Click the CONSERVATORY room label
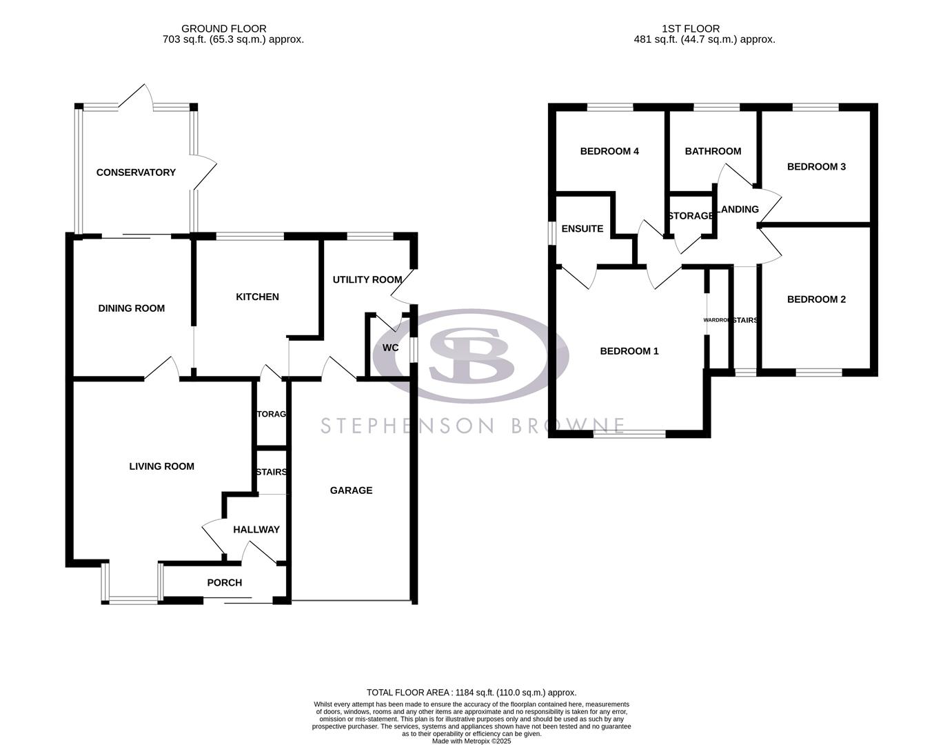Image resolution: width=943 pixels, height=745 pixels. (x=136, y=172)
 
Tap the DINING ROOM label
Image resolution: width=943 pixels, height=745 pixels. (x=131, y=308)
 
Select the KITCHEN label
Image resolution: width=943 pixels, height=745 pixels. (x=257, y=297)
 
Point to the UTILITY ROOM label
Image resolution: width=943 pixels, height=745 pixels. (x=367, y=279)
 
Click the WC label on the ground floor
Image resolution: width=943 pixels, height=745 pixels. (x=390, y=348)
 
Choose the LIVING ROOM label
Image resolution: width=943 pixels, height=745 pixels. (x=161, y=466)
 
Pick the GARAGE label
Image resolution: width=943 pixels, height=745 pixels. (x=351, y=490)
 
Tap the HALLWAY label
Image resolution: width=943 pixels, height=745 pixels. (x=256, y=530)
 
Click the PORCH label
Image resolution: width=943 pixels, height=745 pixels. (x=224, y=583)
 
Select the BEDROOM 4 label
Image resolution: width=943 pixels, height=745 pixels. (x=609, y=151)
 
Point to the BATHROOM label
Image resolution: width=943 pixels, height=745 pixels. (x=713, y=151)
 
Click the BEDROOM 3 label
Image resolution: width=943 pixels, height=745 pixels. (x=816, y=166)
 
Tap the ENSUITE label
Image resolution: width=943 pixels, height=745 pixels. (x=582, y=228)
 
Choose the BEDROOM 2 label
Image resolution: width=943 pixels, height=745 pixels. (x=816, y=299)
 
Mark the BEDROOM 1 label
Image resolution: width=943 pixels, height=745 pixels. (x=629, y=351)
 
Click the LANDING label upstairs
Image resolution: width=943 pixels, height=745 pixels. (x=738, y=209)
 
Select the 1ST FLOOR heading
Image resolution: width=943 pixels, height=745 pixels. (x=690, y=28)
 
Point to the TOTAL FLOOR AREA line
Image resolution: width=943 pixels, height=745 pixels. (x=471, y=693)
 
